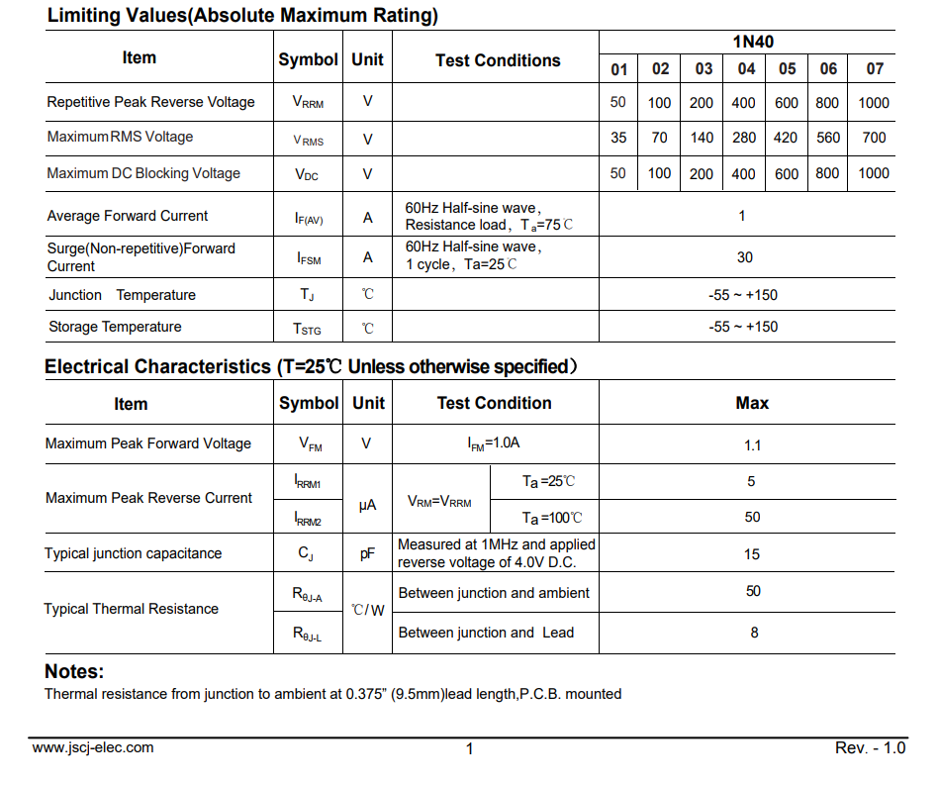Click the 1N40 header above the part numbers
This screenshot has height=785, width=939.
[x=753, y=42]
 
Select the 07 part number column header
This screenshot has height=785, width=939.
[x=875, y=68]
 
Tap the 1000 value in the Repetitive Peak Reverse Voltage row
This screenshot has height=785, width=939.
[x=874, y=102]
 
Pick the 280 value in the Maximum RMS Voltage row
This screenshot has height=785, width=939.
[x=743, y=138]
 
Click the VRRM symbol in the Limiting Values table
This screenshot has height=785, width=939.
[x=308, y=102]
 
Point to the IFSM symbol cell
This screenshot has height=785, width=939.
[x=309, y=258]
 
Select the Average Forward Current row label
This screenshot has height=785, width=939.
[x=128, y=216]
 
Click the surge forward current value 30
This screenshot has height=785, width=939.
[x=745, y=257]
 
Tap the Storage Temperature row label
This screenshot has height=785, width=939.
[x=115, y=327]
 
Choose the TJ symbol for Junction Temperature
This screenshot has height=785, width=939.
[x=308, y=295]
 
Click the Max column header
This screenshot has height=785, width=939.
[x=752, y=403]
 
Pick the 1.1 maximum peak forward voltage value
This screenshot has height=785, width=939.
[x=753, y=444]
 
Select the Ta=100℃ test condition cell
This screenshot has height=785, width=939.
[x=552, y=518]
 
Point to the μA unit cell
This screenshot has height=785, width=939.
[x=368, y=505]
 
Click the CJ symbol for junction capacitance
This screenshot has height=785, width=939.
[x=306, y=554]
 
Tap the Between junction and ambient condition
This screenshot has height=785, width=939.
[x=493, y=593]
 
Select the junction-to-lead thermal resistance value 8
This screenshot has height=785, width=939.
[x=754, y=633]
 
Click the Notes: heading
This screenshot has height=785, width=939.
[x=74, y=671]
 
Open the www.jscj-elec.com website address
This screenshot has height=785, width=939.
[x=93, y=747]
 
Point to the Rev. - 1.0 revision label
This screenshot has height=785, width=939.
[x=870, y=747]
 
